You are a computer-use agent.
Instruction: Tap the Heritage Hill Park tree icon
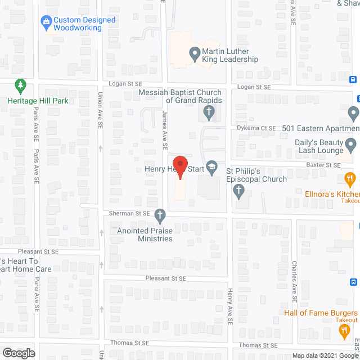(x=21, y=87)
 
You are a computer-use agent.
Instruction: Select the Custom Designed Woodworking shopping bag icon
(x=47, y=23)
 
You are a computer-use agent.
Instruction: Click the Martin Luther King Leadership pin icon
(x=195, y=55)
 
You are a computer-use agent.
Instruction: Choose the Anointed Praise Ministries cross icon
(x=160, y=215)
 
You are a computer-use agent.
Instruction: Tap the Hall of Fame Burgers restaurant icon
(x=344, y=332)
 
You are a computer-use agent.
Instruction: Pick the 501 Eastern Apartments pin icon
(x=353, y=114)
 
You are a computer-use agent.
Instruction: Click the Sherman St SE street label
(x=130, y=214)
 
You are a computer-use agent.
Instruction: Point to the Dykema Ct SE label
(x=257, y=128)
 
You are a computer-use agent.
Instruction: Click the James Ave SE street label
(x=165, y=129)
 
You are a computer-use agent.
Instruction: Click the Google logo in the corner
(x=18, y=353)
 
